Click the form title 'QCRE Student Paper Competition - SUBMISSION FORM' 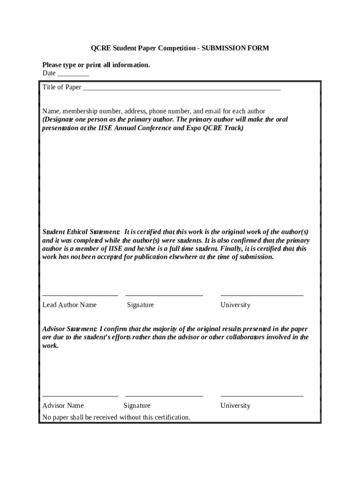tap(180, 48)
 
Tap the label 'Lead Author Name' tap(69, 305)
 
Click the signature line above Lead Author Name tap(80, 295)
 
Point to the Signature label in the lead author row tap(140, 305)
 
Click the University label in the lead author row tap(235, 305)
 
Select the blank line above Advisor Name tap(80, 396)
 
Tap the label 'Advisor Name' tap(63, 406)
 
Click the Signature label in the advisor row tap(137, 406)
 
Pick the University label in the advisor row tap(235, 406)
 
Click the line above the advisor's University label tap(262, 396)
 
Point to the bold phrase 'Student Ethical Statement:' tap(81, 232)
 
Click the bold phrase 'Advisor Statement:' tap(70, 329)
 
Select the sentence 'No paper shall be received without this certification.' tap(116, 417)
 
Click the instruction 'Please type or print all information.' tap(96, 65)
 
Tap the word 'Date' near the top tap(49, 73)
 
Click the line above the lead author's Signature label tap(164, 295)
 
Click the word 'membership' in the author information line tap(80, 111)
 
